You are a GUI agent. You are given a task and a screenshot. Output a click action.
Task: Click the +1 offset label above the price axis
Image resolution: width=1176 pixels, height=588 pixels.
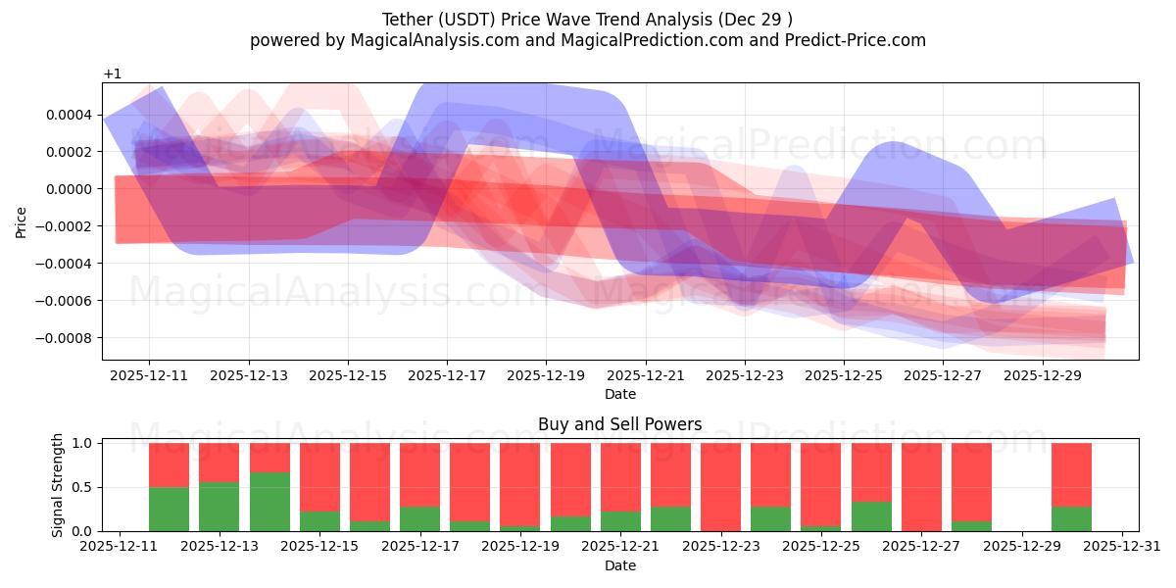pyautogui.click(x=112, y=74)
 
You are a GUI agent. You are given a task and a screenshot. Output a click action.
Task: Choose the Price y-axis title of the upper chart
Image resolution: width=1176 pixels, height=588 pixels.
pyautogui.click(x=21, y=222)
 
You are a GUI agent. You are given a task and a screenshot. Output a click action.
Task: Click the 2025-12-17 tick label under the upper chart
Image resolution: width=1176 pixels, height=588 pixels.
pyautogui.click(x=447, y=374)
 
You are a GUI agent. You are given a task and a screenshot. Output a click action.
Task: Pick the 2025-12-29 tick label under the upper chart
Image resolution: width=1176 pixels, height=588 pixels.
pyautogui.click(x=1042, y=374)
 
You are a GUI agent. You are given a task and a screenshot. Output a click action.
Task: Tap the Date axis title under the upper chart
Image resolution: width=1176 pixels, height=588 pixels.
pyautogui.click(x=619, y=394)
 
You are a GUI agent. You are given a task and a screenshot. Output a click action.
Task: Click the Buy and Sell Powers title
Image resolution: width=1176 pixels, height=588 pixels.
pyautogui.click(x=619, y=424)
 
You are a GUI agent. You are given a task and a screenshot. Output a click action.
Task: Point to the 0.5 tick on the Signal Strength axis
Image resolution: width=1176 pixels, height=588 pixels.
pyautogui.click(x=82, y=487)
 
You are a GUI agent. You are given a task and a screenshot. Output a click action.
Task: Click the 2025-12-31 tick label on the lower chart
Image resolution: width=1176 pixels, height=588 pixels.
pyautogui.click(x=1121, y=547)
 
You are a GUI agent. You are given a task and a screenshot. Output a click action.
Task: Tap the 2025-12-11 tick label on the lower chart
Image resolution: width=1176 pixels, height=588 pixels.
pyautogui.click(x=120, y=547)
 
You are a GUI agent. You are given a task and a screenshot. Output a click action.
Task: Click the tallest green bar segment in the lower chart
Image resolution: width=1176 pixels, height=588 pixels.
pyautogui.click(x=269, y=502)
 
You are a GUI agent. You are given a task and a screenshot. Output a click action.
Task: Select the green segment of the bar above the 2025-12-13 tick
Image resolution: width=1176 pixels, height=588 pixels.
pyautogui.click(x=220, y=507)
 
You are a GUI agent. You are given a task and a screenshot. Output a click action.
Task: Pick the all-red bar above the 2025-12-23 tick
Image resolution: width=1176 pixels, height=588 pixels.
pyautogui.click(x=720, y=487)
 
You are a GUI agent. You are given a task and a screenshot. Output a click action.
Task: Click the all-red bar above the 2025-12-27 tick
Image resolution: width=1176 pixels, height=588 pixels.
pyautogui.click(x=921, y=487)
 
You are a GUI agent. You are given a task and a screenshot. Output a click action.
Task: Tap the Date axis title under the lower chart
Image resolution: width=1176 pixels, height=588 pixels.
pyautogui.click(x=619, y=565)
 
